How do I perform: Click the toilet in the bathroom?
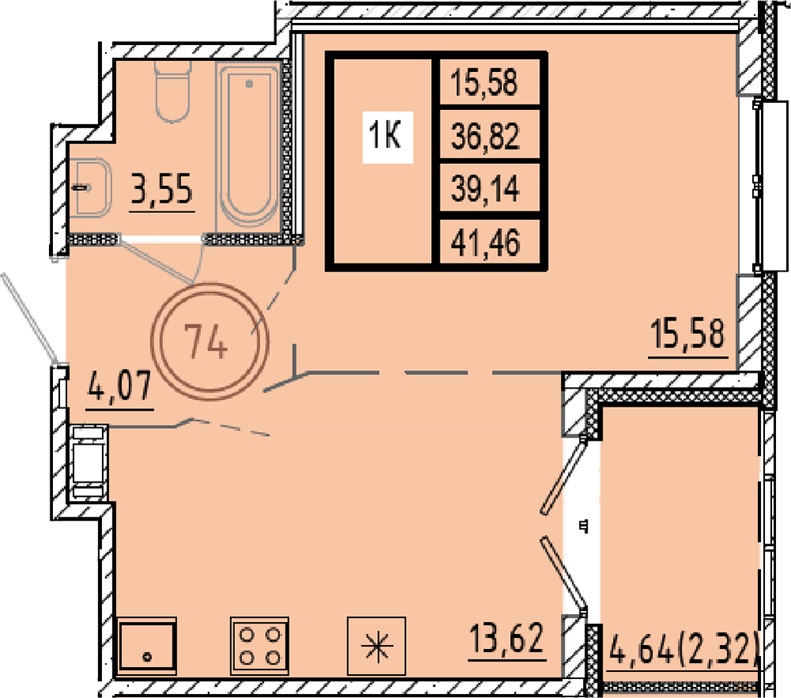click(x=172, y=91)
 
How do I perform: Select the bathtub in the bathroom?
click(x=248, y=147)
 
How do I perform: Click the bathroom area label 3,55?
click(x=162, y=188)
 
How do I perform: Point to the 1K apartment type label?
click(x=386, y=135)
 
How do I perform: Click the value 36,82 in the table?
click(x=485, y=136)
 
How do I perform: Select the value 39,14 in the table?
click(x=485, y=189)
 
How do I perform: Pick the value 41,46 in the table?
click(x=485, y=243)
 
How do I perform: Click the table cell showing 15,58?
click(x=485, y=82)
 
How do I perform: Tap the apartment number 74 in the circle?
click(x=206, y=342)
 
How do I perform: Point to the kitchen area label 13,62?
click(x=507, y=638)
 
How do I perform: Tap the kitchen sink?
click(x=147, y=646)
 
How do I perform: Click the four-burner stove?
click(x=259, y=646)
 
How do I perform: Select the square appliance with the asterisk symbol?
click(x=377, y=646)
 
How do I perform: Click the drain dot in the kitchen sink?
click(x=147, y=657)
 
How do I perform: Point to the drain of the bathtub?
click(x=249, y=84)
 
